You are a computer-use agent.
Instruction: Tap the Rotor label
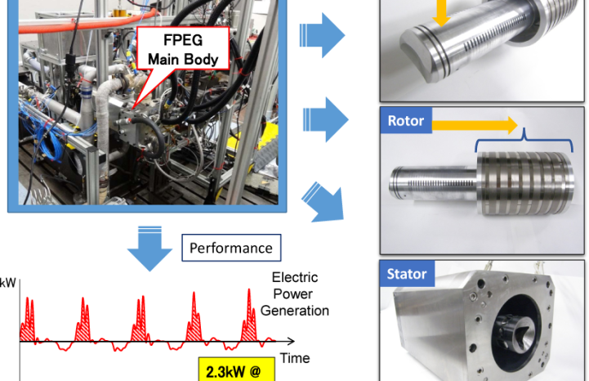[405, 122]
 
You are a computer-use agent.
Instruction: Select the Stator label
[408, 274]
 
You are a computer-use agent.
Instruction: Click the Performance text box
[231, 247]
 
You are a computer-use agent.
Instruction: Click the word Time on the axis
[295, 358]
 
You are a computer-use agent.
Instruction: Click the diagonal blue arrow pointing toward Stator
[323, 203]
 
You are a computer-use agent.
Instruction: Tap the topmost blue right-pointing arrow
[322, 35]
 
